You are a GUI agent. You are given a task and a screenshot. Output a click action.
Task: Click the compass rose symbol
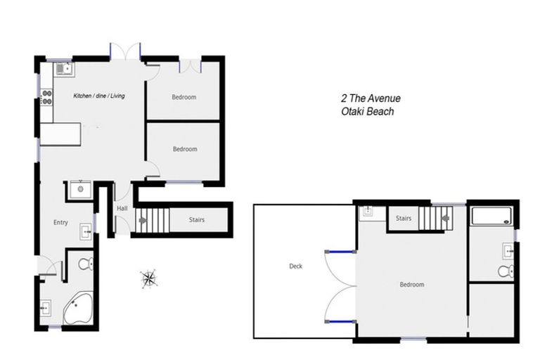pyautogui.click(x=148, y=278)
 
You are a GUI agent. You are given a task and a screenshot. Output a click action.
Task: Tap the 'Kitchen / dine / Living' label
pyautogui.click(x=99, y=96)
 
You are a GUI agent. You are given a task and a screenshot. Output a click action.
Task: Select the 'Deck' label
pyautogui.click(x=295, y=266)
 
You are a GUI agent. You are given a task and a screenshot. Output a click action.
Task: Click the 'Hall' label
pyautogui.click(x=122, y=208)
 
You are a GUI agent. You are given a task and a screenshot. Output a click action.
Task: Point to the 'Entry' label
pyautogui.click(x=60, y=223)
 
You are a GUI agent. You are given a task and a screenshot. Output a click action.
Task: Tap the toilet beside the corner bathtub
pyautogui.click(x=85, y=264)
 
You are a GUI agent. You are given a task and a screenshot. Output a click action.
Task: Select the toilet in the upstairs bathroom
pyautogui.click(x=505, y=271)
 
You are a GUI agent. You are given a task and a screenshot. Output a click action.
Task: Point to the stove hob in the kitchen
pyautogui.click(x=47, y=97)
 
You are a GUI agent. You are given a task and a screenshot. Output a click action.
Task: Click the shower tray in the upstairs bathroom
pyautogui.click(x=492, y=216)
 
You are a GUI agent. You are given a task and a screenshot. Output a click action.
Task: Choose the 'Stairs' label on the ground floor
pyautogui.click(x=197, y=220)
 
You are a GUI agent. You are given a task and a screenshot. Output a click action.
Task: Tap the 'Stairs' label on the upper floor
pyautogui.click(x=403, y=219)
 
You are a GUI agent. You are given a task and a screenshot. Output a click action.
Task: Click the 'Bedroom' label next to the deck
pyautogui.click(x=411, y=285)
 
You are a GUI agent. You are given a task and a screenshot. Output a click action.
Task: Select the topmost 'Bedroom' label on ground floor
pyautogui.click(x=184, y=97)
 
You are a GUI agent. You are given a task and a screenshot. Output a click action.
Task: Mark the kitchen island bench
pyautogui.click(x=60, y=134)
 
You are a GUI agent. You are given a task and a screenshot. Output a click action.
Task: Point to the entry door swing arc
pyautogui.click(x=48, y=267)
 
